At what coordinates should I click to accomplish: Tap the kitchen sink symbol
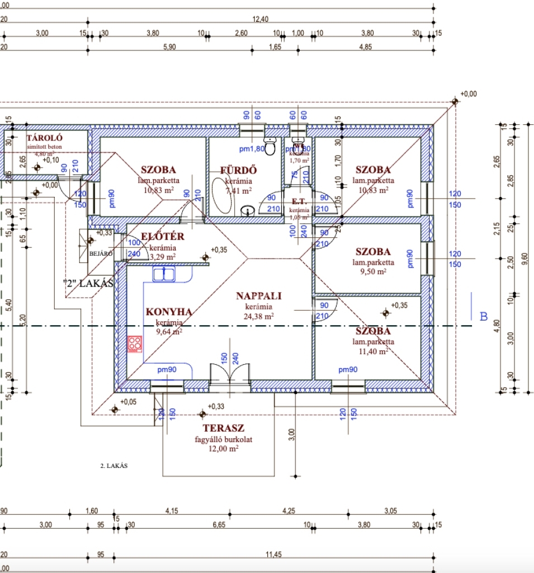click(x=164, y=274)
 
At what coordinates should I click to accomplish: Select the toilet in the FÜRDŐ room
click(x=270, y=146)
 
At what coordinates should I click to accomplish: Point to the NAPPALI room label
click(x=258, y=296)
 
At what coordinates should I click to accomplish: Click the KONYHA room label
click(x=169, y=312)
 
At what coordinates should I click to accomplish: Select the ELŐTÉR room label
click(x=163, y=237)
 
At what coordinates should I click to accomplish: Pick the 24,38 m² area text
click(x=258, y=316)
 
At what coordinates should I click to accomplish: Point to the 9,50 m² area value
click(x=373, y=271)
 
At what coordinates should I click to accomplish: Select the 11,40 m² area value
click(x=373, y=351)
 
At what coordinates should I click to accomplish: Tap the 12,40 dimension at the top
click(x=261, y=20)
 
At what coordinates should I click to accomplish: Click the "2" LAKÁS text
click(x=88, y=284)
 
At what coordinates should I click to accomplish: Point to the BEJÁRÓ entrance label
click(x=101, y=253)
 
